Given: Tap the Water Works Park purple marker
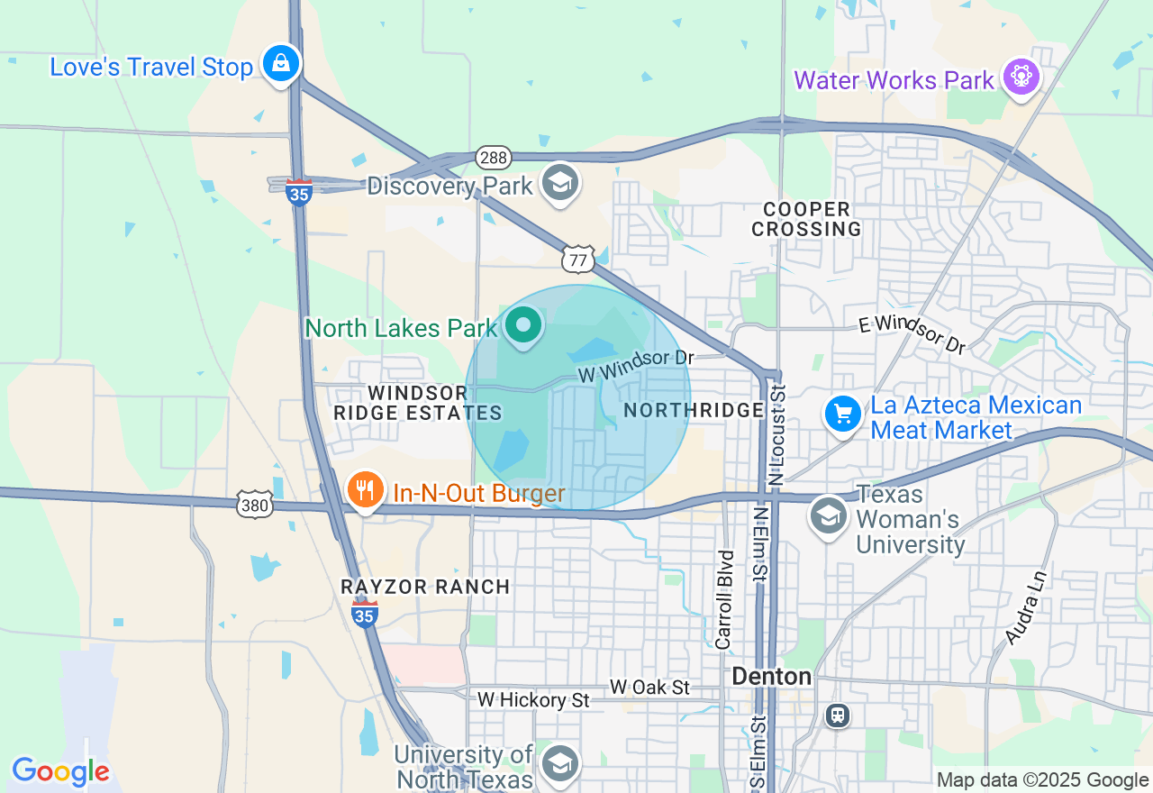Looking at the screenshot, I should [1021, 77].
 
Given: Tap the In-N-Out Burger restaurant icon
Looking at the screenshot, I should [365, 490].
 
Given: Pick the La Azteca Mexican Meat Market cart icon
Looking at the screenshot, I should [843, 415].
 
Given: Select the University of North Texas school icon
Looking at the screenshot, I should [560, 763].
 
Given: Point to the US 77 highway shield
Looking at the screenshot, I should [576, 260].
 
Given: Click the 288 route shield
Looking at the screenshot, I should [495, 157].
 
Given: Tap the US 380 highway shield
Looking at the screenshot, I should [255, 505].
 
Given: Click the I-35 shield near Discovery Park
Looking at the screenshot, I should [299, 192].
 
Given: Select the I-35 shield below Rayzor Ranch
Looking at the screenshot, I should [365, 614].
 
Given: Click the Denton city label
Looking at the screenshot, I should [771, 676].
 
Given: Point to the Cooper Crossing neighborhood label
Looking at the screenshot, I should [806, 219].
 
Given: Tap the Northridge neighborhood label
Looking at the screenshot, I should [694, 410].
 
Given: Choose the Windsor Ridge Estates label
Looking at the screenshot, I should [417, 403].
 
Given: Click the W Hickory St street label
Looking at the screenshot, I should [534, 699].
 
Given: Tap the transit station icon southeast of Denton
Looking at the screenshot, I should [838, 715].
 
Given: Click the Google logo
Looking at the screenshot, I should [60, 771].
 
